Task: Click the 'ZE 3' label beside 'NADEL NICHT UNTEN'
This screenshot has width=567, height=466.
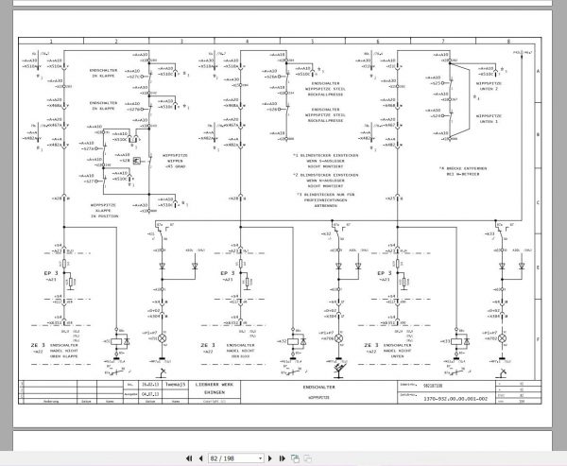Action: pos(369,347)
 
